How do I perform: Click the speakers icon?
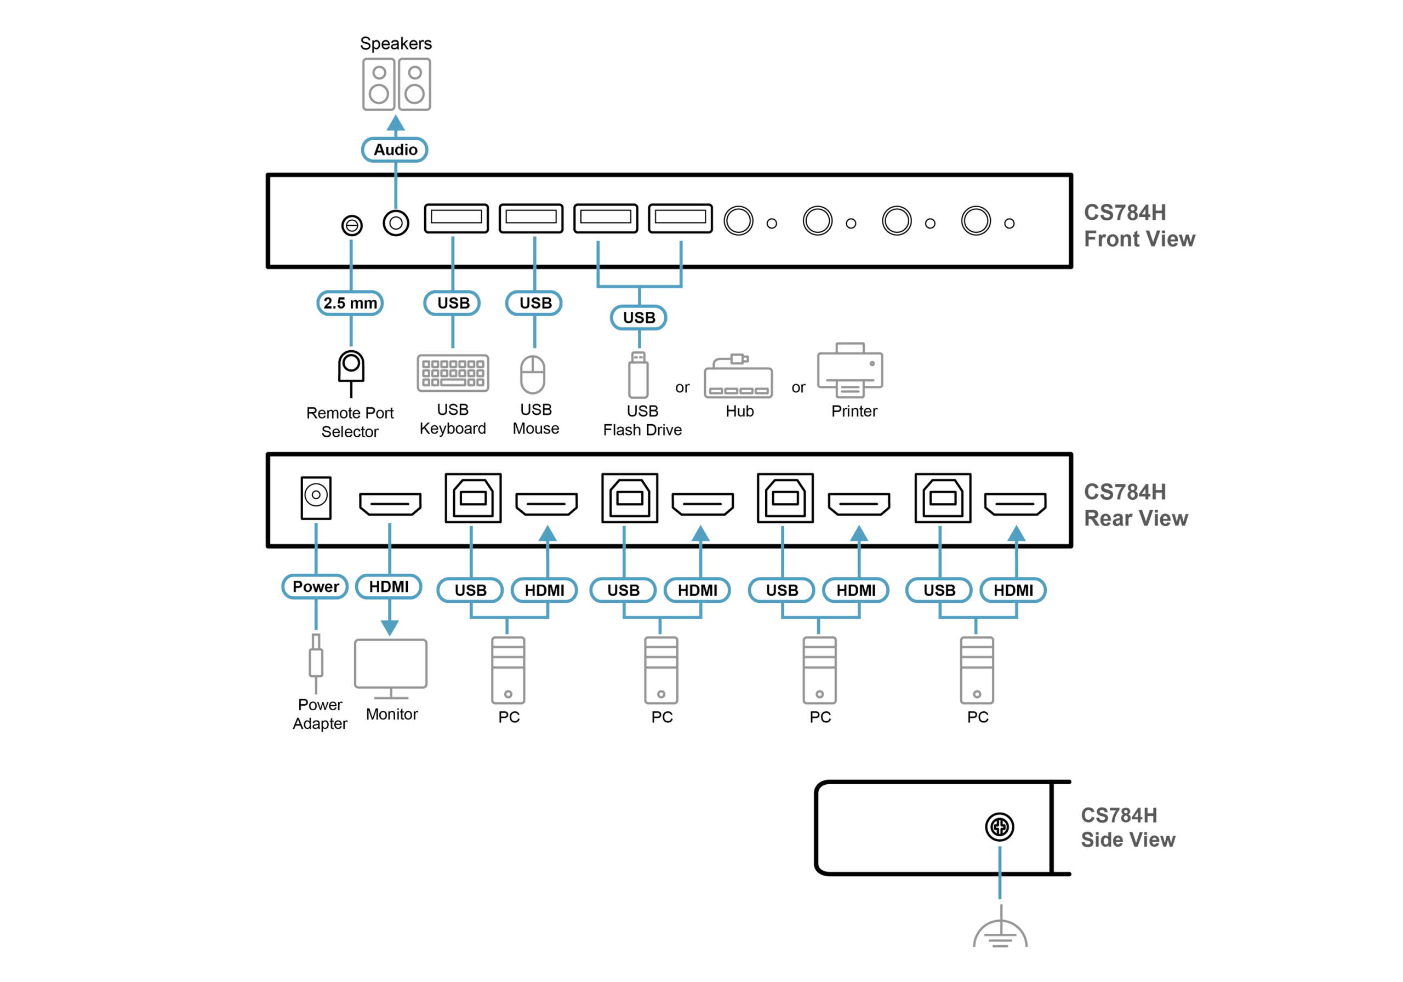click(397, 84)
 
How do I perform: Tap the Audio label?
click(395, 150)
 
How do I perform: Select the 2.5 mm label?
click(350, 303)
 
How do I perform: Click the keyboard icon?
click(453, 373)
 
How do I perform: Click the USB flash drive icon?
click(638, 375)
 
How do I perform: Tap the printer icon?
click(850, 370)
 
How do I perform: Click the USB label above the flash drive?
click(638, 318)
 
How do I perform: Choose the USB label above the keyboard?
click(453, 303)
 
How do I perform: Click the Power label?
click(315, 587)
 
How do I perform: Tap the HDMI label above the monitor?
click(389, 587)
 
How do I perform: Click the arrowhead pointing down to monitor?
click(390, 627)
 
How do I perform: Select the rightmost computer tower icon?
click(977, 670)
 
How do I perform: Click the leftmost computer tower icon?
click(509, 670)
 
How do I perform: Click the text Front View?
click(1139, 239)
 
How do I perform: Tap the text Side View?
click(1128, 840)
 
